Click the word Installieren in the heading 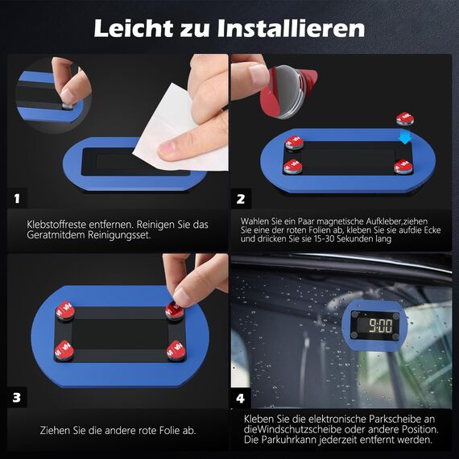click(x=293, y=29)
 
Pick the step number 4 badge click(x=241, y=397)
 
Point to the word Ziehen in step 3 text click(x=56, y=431)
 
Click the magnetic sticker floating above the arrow click(x=405, y=118)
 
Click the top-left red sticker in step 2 click(x=294, y=143)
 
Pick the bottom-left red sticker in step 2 click(x=292, y=167)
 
